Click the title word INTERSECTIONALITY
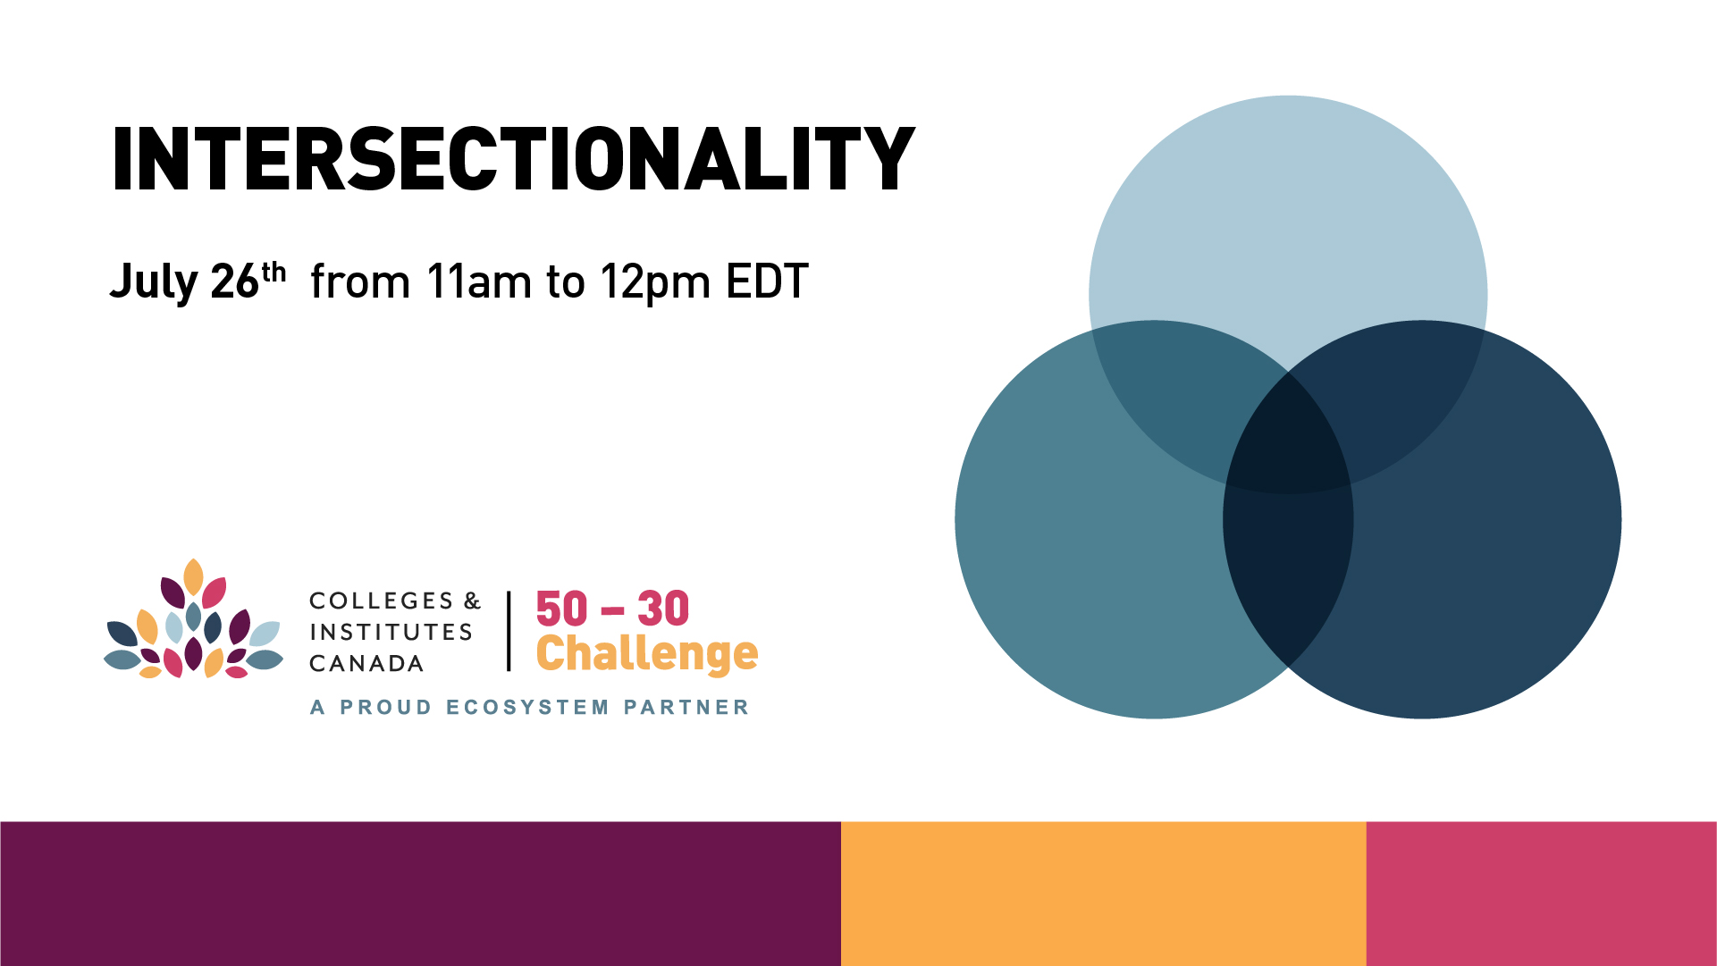[x=513, y=159]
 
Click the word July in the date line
[x=154, y=282]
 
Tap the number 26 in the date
[x=235, y=281]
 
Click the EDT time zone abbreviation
[x=768, y=281]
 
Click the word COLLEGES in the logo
[x=382, y=601]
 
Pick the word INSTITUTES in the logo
[x=391, y=632]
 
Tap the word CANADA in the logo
[x=366, y=663]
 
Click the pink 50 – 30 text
[x=612, y=609]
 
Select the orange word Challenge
[x=647, y=655]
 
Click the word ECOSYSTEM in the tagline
[x=527, y=708]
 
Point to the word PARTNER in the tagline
[x=686, y=708]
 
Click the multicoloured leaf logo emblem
[x=193, y=619]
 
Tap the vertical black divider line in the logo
[x=509, y=631]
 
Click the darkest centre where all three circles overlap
[x=1288, y=438]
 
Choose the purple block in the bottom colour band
[x=420, y=894]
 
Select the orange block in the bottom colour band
[x=1104, y=894]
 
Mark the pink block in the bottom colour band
[x=1542, y=894]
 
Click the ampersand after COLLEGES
[x=473, y=601]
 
